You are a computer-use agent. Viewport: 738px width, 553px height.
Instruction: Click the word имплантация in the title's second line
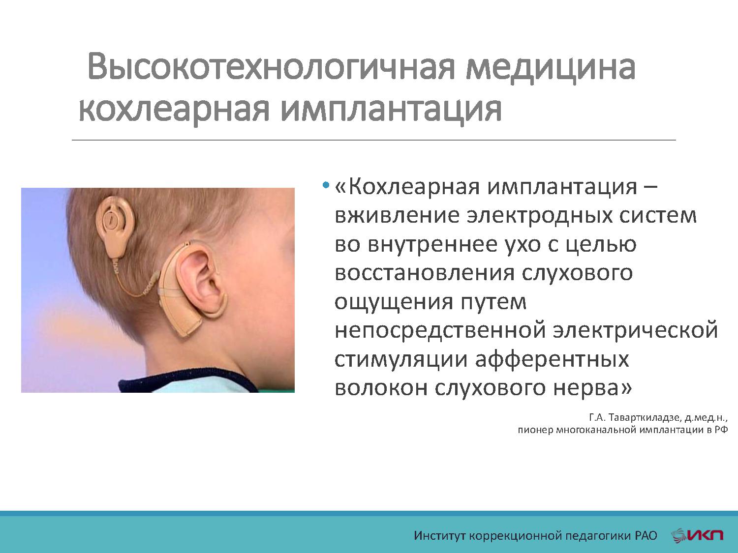click(x=391, y=109)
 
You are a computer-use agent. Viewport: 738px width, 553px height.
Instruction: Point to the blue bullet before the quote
click(x=325, y=186)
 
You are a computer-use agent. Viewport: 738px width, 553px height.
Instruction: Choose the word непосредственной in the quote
click(x=439, y=330)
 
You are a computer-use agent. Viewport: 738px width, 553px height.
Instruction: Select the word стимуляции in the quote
click(x=400, y=359)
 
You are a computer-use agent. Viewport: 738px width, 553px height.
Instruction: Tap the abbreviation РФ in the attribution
click(x=721, y=430)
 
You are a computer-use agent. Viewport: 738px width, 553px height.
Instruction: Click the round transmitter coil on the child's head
click(x=115, y=219)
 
